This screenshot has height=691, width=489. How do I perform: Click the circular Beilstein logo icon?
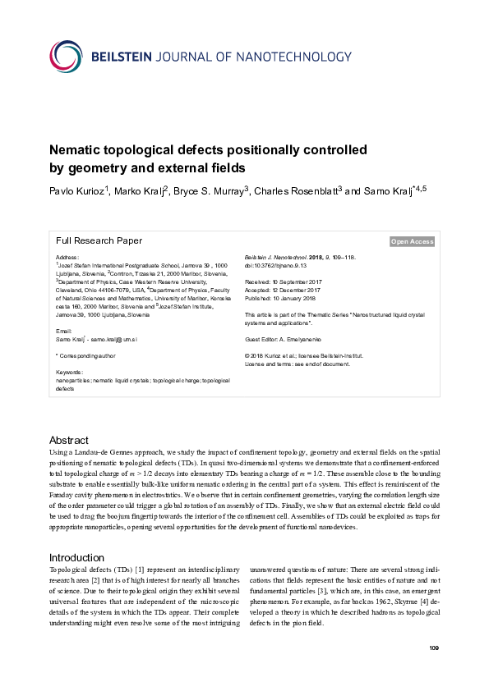coord(67,56)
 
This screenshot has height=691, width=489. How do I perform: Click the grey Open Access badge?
coord(412,241)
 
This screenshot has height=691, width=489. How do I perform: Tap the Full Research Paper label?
coord(99,241)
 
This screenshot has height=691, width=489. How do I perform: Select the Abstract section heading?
coord(68,441)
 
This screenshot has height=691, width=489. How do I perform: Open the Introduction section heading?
coord(76,558)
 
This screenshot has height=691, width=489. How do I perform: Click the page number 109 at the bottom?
coord(434,649)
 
